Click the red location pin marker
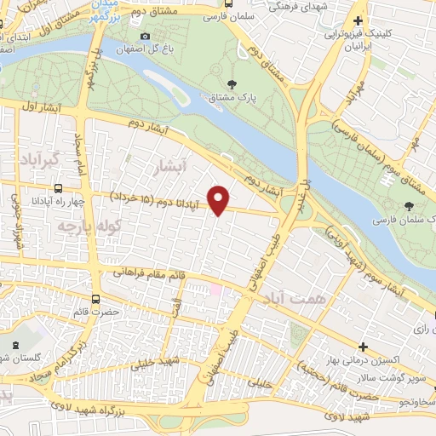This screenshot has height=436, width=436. tap(220, 199)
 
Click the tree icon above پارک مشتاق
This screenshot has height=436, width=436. tap(232, 83)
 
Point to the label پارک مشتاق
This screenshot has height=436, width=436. tap(232, 97)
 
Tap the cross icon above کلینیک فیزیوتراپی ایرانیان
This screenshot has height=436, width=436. tap(359, 20)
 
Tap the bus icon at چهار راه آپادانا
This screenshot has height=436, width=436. tap(57, 189)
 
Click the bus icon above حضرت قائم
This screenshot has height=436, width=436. tap(95, 300)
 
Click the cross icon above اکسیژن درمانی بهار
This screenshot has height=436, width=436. tap(364, 347)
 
